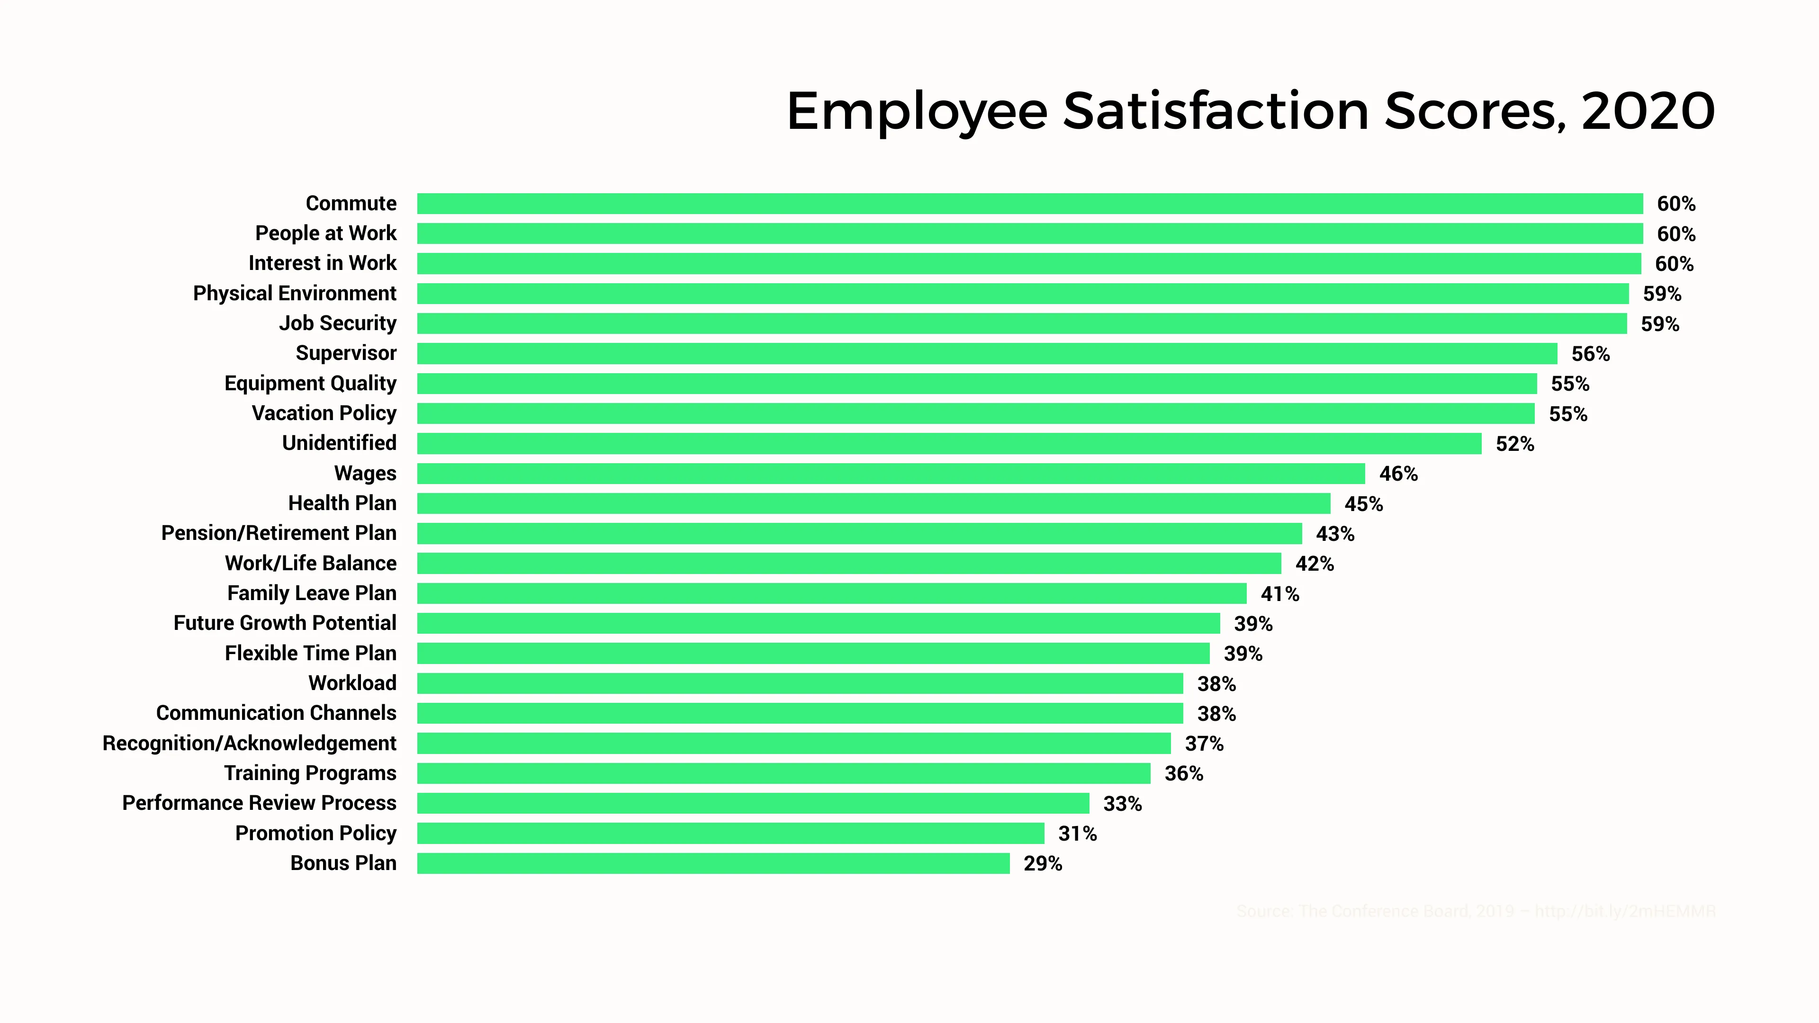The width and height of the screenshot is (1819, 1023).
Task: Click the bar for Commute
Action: [x=1029, y=203]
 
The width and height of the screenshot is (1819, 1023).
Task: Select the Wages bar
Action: [x=891, y=473]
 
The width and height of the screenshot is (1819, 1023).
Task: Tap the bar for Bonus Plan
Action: [x=713, y=863]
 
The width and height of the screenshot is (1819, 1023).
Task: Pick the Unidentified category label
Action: [x=339, y=443]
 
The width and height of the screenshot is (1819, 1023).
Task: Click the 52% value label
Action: [x=1515, y=444]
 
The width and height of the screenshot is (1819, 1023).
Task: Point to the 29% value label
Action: [x=1042, y=863]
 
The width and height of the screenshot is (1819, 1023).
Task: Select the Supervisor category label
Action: [x=346, y=353]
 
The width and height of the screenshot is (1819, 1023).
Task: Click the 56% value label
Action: [x=1590, y=354]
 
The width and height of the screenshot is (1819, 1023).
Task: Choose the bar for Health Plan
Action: [x=873, y=503]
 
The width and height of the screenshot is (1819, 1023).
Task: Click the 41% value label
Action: [x=1279, y=594]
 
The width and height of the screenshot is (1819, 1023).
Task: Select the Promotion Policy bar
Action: [x=730, y=833]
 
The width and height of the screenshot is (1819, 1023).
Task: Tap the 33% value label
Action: [x=1122, y=803]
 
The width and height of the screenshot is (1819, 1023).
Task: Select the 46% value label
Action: [x=1398, y=474]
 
